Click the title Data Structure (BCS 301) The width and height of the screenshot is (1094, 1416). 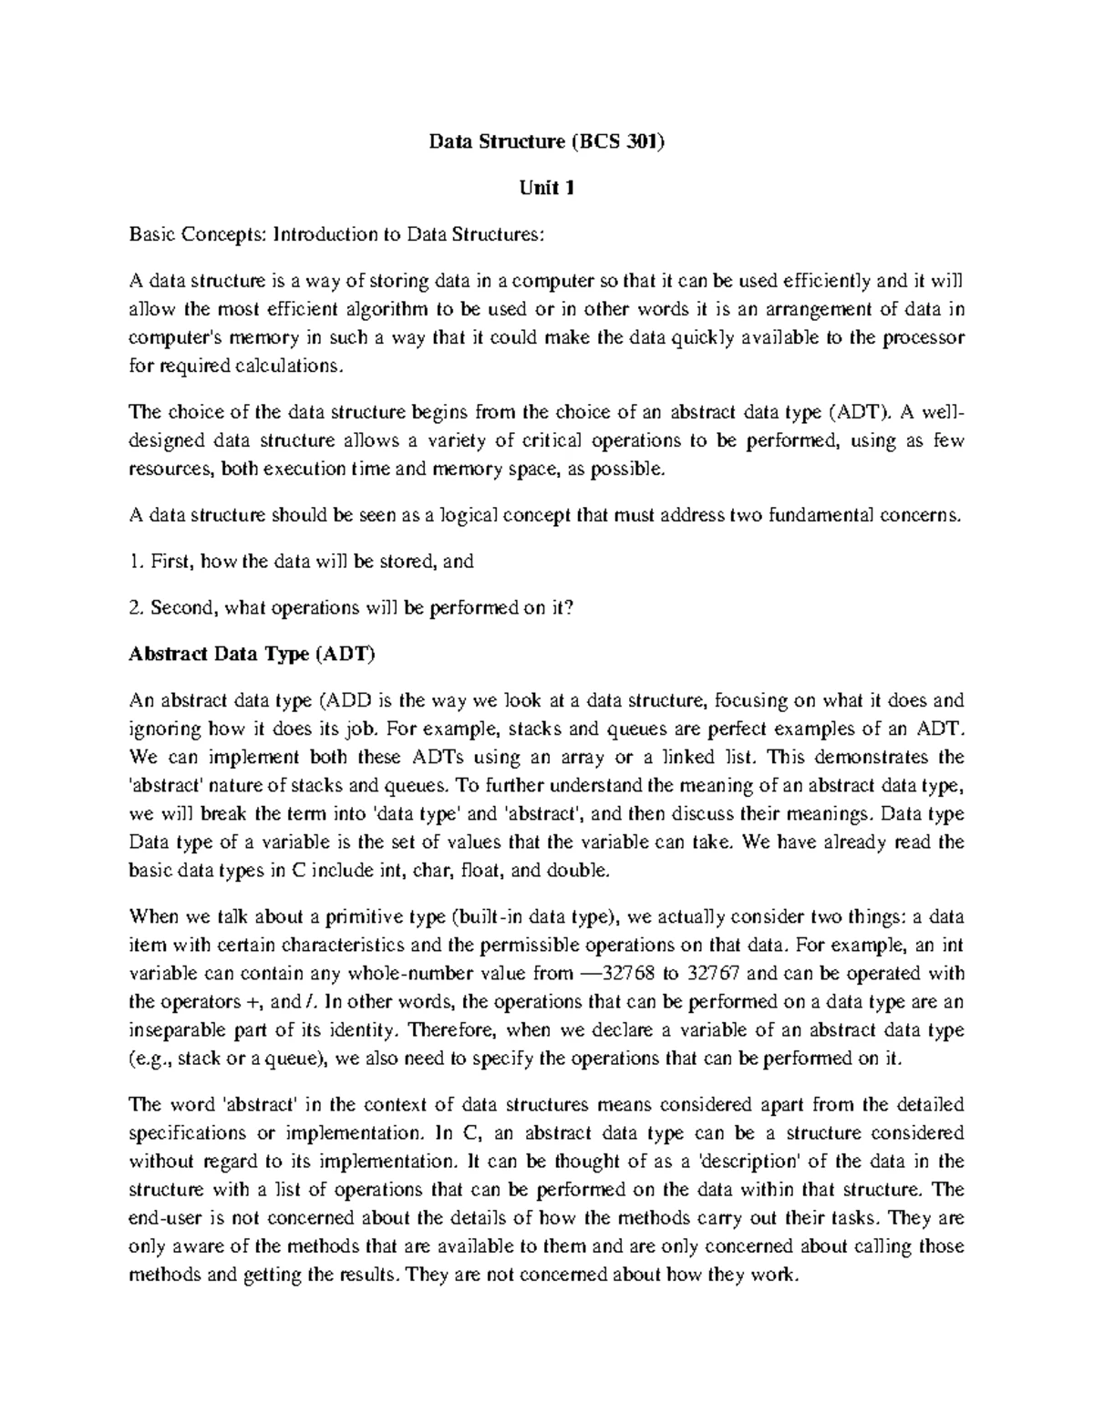[x=547, y=141]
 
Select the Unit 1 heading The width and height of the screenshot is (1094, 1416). [x=547, y=188]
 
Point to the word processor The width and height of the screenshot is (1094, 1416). [x=923, y=337]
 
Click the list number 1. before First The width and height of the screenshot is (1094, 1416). [x=137, y=562]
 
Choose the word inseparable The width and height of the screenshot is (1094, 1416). [x=175, y=1029]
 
